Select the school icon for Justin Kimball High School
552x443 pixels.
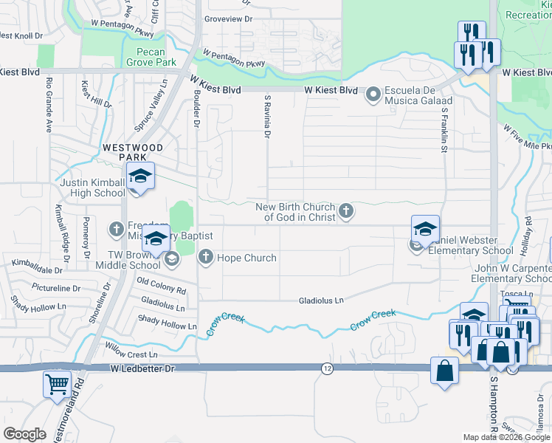click(x=139, y=176)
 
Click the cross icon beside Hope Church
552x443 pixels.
click(x=205, y=258)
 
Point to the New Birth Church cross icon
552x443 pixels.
click(x=345, y=213)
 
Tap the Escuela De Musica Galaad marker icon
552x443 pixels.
click(x=373, y=94)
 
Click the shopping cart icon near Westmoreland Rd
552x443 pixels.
click(x=57, y=384)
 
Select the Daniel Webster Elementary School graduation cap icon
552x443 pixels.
click(x=425, y=229)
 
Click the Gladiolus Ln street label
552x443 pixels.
click(x=321, y=301)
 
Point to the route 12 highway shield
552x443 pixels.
click(x=325, y=368)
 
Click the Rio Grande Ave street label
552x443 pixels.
click(x=49, y=104)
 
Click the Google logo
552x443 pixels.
click(x=24, y=434)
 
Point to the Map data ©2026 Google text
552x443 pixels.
click(x=506, y=437)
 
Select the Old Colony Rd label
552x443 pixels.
click(x=162, y=287)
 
